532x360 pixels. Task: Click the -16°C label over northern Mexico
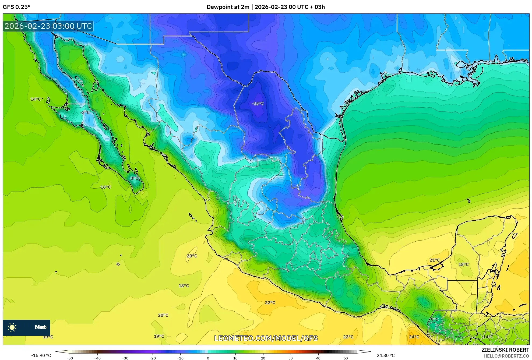coord(258,104)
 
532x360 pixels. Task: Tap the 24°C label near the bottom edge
coord(414,337)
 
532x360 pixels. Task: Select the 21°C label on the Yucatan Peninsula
coord(434,260)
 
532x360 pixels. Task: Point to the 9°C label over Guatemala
coord(435,319)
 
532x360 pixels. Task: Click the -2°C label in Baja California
coord(85,112)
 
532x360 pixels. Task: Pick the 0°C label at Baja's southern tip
coord(134,178)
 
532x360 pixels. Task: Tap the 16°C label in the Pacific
coord(105,187)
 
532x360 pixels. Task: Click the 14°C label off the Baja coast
coord(35,99)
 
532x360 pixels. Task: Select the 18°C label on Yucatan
coord(463,264)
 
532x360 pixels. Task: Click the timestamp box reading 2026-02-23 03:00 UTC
coord(48,26)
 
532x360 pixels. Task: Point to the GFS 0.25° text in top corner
coord(16,7)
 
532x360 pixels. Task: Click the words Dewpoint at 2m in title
coord(228,7)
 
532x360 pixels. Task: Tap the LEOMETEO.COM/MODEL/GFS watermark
coord(266,338)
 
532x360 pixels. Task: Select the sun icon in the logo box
coord(12,327)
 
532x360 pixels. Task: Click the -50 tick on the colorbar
coord(70,358)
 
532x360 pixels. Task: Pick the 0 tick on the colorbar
coord(208,358)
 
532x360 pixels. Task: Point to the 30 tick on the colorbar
coord(291,358)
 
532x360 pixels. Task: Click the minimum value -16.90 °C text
coord(41,355)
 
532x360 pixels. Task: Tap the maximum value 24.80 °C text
coord(385,355)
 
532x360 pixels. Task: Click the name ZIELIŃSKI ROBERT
coord(505,350)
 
